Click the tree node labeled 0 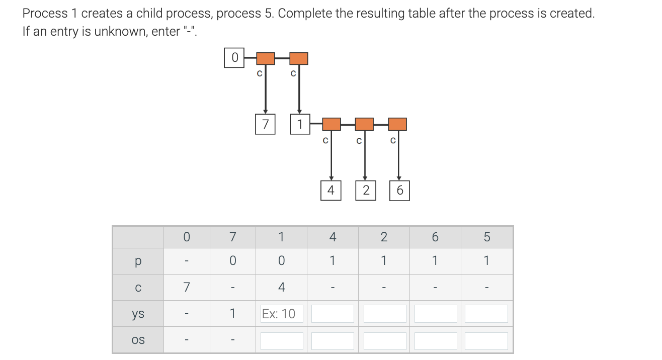coord(234,58)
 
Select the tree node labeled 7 coord(265,124)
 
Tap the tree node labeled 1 coord(300,124)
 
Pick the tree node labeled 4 coord(330,191)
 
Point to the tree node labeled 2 coord(366,191)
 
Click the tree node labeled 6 coord(399,191)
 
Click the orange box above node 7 coord(266,58)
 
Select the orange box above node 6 coord(397,124)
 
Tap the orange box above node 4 coord(331,124)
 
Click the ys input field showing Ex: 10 coord(282,314)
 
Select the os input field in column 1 coord(282,340)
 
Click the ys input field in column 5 coord(486,314)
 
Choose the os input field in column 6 coord(435,340)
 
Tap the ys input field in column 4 coord(333,314)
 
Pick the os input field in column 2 coord(384,340)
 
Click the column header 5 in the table coord(486,237)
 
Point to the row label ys coord(138,314)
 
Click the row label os coord(138,340)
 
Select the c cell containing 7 coord(186,288)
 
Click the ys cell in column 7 coord(232,314)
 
